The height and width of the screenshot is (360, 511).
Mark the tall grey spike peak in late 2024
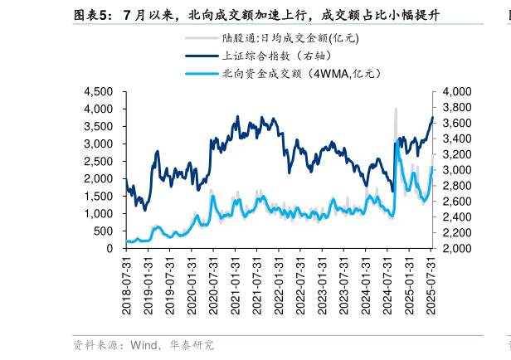pyautogui.click(x=396, y=109)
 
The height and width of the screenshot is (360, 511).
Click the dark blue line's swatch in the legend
pyautogui.click(x=201, y=56)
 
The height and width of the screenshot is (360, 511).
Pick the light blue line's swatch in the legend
pyautogui.click(x=201, y=74)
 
